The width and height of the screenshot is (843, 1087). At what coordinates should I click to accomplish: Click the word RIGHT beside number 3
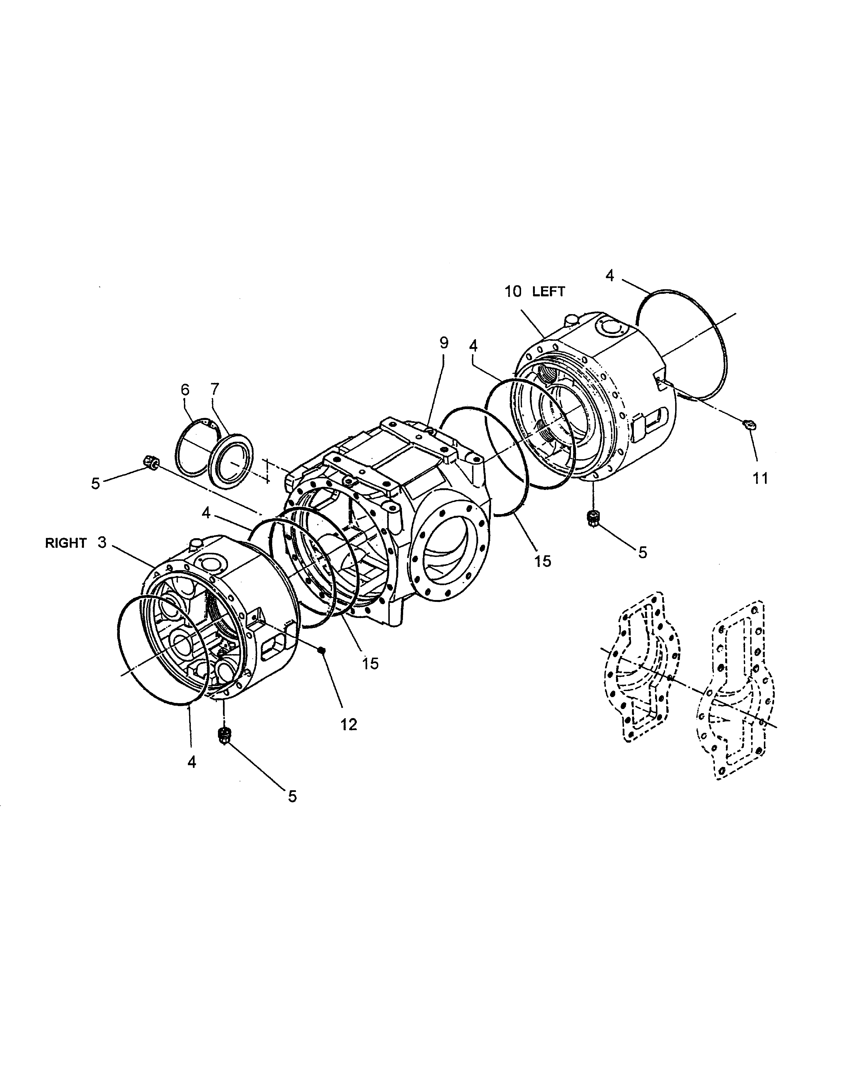(66, 543)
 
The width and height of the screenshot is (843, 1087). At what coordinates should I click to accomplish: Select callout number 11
(760, 479)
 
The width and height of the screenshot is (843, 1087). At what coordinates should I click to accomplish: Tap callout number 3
(102, 543)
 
